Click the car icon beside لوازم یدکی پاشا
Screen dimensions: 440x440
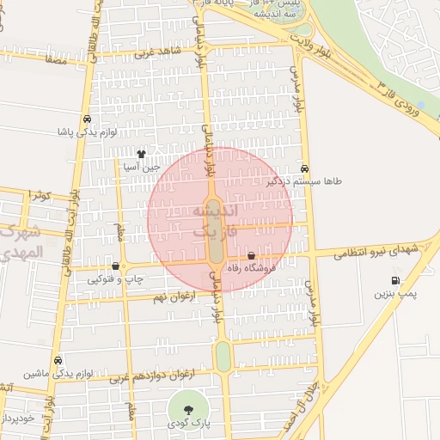click(x=87, y=119)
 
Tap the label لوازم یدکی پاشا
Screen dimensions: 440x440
click(x=86, y=133)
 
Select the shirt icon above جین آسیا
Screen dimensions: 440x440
click(x=142, y=153)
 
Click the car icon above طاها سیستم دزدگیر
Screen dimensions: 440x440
click(x=306, y=168)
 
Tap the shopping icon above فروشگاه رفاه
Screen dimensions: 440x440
click(x=251, y=256)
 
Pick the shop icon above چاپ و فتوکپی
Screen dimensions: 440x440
click(x=116, y=266)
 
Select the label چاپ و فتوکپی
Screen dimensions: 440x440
click(x=114, y=279)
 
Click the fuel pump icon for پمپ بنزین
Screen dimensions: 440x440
click(x=395, y=280)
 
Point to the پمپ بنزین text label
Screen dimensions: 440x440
click(x=394, y=294)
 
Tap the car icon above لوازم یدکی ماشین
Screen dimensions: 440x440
click(x=58, y=360)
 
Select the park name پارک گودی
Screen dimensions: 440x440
click(x=188, y=425)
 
